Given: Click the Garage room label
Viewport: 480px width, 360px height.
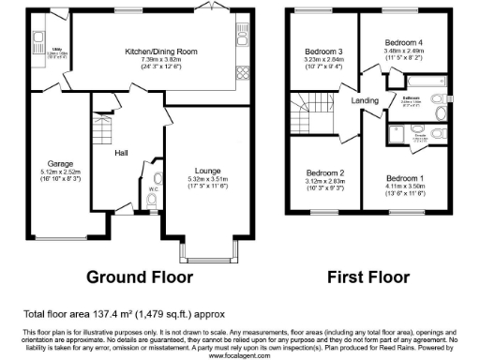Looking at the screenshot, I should [x=48, y=164].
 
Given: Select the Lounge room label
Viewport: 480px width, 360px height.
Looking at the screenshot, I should [x=208, y=171].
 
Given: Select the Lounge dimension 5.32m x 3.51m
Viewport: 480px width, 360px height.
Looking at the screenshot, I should [x=208, y=178].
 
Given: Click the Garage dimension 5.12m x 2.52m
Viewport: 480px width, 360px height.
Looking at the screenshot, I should [x=48, y=172].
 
